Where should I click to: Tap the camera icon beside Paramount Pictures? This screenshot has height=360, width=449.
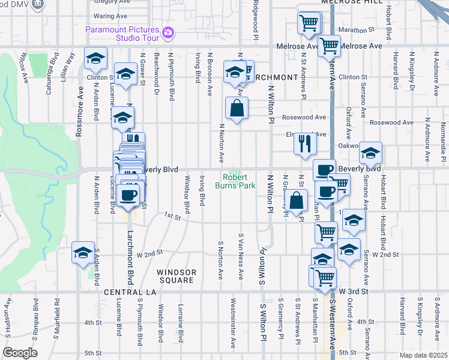point(169,32)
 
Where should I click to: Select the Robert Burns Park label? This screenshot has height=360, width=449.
point(240,181)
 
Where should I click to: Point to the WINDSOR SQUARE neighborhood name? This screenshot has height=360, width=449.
point(176,276)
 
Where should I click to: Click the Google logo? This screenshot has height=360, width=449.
point(20,352)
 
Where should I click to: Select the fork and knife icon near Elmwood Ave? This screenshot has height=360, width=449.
point(304,143)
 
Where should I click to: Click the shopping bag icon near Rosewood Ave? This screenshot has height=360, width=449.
point(237,109)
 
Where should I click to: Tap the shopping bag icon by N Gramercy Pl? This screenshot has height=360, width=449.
point(297,200)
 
